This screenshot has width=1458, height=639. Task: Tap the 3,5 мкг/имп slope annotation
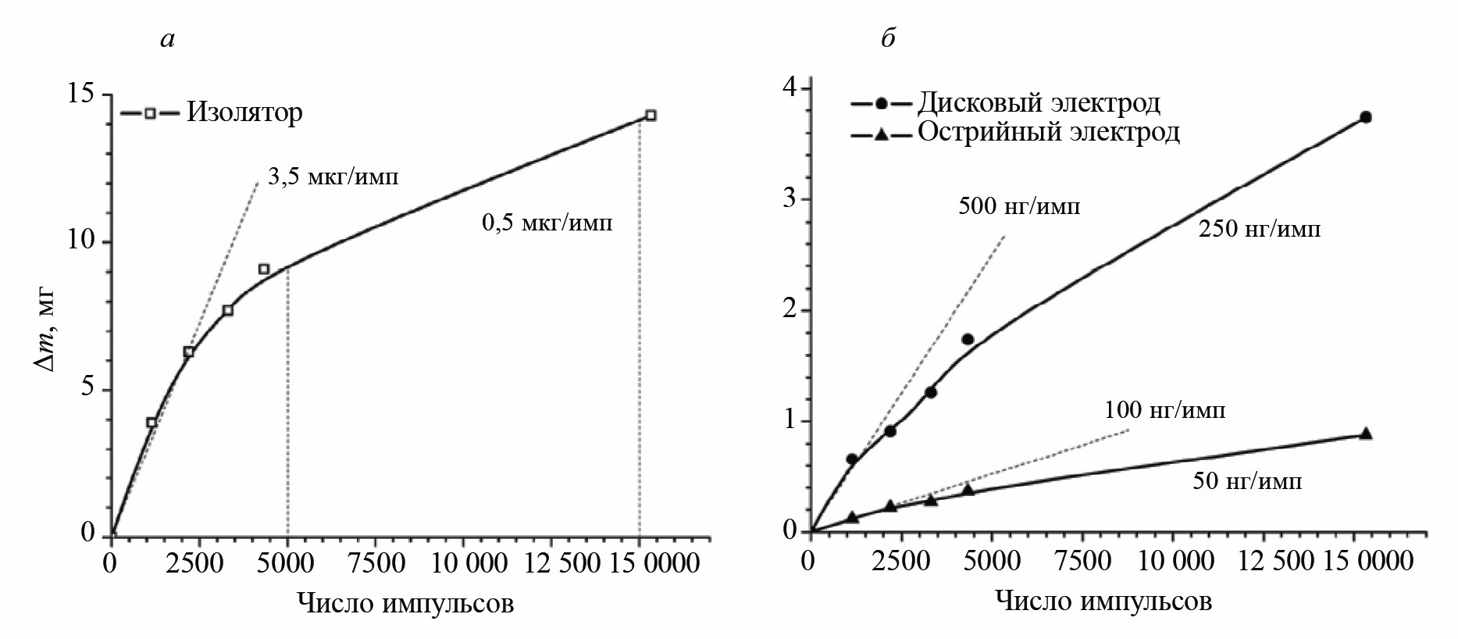coord(333,177)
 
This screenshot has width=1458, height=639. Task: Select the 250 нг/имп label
coord(1260,230)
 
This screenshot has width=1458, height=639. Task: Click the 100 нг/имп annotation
coord(1164,410)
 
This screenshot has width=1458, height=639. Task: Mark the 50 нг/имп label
coord(1247,481)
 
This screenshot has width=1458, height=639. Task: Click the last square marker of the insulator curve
coord(651,116)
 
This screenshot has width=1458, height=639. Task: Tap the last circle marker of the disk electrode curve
coord(1365,117)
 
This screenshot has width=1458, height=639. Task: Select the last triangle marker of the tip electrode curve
coord(1365,434)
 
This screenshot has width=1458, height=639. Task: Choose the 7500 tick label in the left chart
coord(375,563)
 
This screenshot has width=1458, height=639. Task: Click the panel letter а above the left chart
coord(166,39)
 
